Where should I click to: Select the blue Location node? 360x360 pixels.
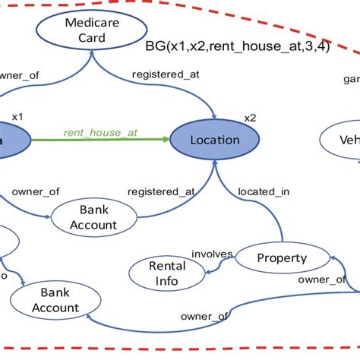click(x=214, y=140)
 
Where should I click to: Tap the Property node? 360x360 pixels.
click(x=281, y=258)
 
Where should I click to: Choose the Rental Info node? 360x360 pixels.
click(x=167, y=273)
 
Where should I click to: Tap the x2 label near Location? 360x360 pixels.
click(x=250, y=118)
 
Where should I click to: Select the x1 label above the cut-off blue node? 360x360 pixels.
click(x=17, y=116)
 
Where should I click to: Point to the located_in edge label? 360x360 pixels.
click(x=264, y=191)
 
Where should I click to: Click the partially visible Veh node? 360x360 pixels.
click(x=339, y=141)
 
